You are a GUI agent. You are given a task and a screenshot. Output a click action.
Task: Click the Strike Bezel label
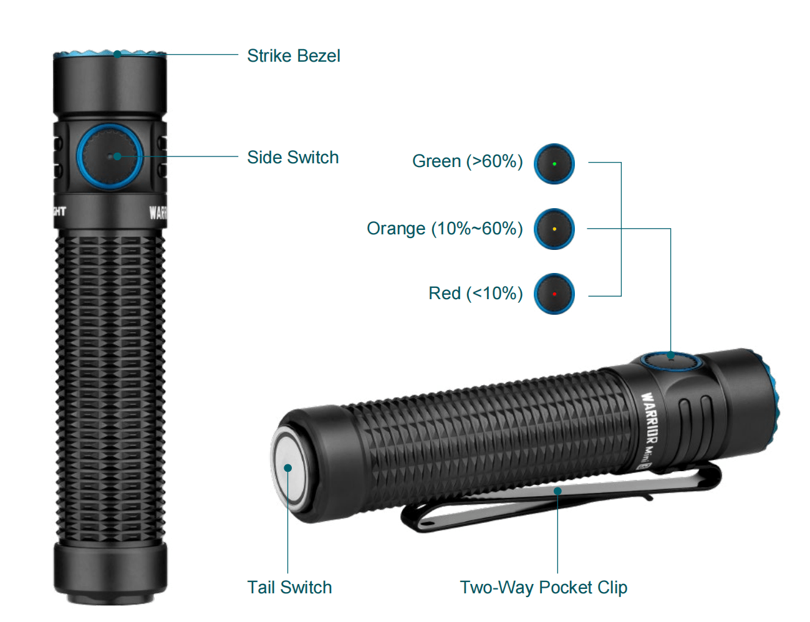[293, 56]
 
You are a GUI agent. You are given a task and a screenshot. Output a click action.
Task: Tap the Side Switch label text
[292, 157]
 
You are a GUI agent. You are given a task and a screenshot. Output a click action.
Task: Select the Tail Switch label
[289, 587]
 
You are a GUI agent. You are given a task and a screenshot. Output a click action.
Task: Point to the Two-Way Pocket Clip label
[543, 587]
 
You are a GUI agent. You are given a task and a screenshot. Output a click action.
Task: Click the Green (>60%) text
[467, 161]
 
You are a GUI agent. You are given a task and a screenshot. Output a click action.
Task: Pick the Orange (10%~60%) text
[445, 229]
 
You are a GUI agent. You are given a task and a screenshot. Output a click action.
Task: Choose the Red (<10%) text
[475, 294]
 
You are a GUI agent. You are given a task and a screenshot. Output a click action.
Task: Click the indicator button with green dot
[554, 164]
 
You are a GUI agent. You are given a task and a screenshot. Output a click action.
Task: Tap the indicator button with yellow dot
[554, 229]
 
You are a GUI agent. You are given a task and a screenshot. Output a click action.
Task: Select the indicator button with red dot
[554, 294]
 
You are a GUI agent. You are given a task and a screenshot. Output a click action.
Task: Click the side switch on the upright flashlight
[110, 156]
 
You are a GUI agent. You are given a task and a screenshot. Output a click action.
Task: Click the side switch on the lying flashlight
[668, 360]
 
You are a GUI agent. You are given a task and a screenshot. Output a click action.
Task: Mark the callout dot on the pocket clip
[557, 491]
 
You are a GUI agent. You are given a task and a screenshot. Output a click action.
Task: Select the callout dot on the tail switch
[287, 467]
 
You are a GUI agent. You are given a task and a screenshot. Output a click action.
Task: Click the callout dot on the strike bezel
[117, 54]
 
